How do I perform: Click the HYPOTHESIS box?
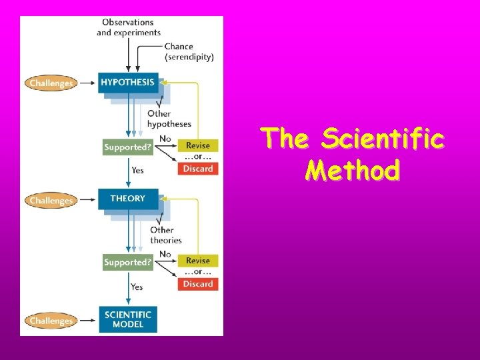(x=127, y=83)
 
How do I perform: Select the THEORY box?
(x=127, y=199)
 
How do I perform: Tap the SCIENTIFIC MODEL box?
(x=128, y=319)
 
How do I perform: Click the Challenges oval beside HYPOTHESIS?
(x=51, y=83)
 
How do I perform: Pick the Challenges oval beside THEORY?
(x=51, y=201)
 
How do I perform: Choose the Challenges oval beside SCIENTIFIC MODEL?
(x=51, y=321)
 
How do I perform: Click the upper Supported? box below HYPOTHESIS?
(x=127, y=146)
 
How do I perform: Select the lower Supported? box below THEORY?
(x=127, y=262)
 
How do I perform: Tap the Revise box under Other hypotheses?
(x=198, y=145)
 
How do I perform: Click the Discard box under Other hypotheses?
(x=198, y=169)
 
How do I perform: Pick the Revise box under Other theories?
(x=198, y=261)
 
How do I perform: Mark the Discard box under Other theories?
(x=198, y=284)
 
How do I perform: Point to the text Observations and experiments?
(x=129, y=27)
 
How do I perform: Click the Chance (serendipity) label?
(x=189, y=51)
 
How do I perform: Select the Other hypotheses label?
(x=169, y=119)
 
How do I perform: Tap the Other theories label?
(x=166, y=235)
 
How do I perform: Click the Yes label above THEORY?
(x=137, y=171)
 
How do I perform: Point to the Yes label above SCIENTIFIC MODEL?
(x=137, y=287)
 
